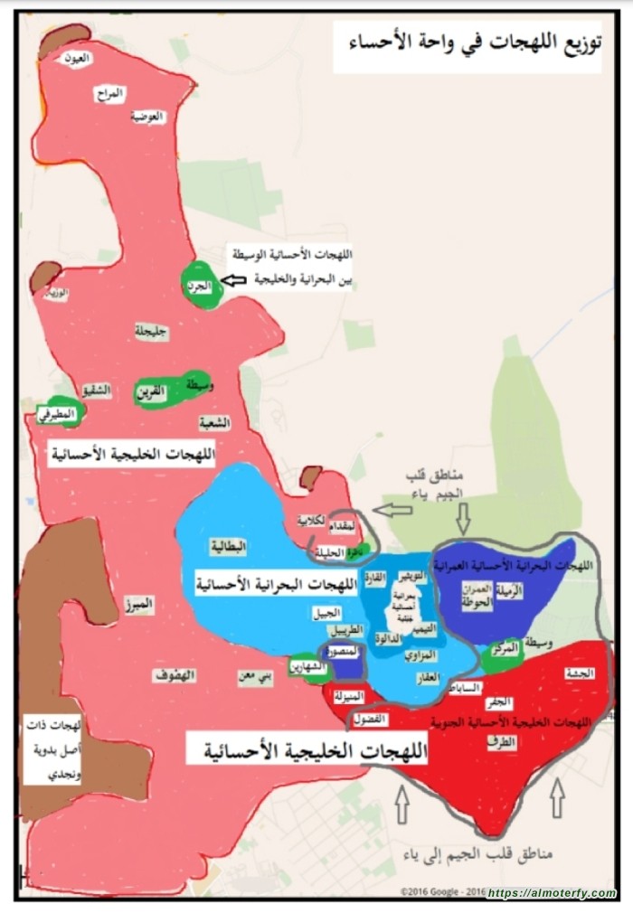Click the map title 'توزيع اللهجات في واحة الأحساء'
coord(468,44)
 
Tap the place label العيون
coord(79,59)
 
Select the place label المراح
coord(114,92)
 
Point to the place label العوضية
coord(147,117)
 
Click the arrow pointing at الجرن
coord(234,282)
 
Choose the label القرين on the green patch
coord(151,391)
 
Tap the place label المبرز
coord(142,603)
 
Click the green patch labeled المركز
coord(505,649)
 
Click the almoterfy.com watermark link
coord(551,893)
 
